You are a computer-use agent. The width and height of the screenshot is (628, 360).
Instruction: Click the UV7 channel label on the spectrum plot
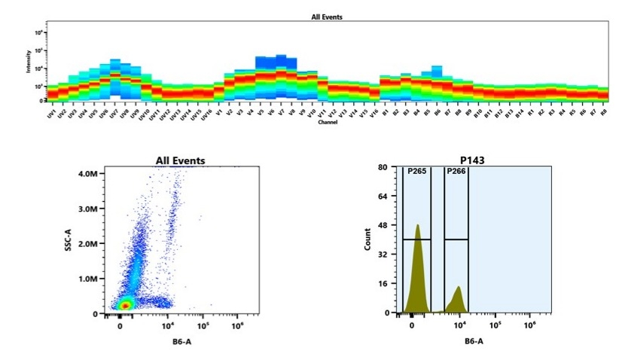point(114,114)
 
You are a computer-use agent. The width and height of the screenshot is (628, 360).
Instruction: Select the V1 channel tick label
point(219,112)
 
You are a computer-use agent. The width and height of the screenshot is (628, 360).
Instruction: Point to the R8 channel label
point(604,112)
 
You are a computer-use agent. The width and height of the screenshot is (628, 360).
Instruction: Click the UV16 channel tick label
point(207,114)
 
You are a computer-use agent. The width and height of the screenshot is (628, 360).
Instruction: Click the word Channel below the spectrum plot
point(328,123)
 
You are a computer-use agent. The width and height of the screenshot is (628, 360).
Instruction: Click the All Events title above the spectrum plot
point(328,17)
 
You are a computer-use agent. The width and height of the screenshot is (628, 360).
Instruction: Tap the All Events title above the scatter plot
point(180,160)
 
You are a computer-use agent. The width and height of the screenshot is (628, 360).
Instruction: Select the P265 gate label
point(416,172)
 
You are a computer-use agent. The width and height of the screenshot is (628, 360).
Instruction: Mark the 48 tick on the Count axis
point(392,225)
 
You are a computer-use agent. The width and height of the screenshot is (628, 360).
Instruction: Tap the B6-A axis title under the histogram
point(474,342)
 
